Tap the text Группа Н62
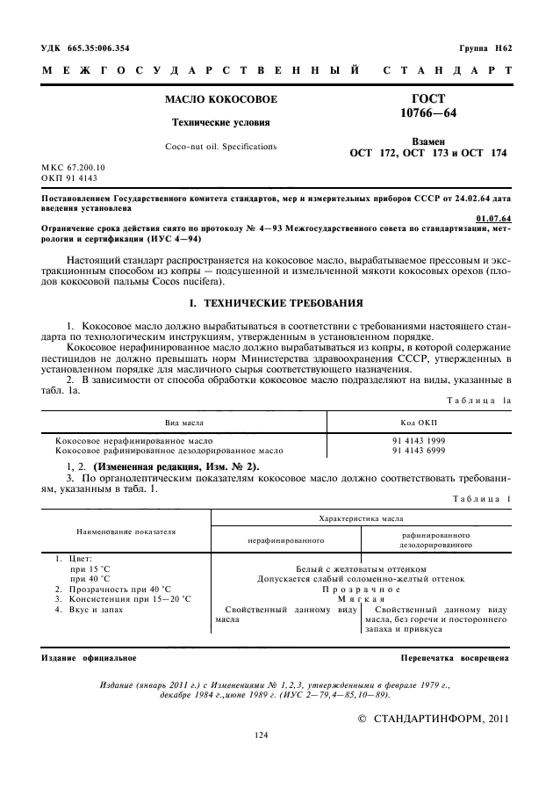pos(485,47)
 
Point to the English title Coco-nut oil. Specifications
pos(220,146)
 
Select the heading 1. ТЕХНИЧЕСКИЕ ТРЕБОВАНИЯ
pos(276,303)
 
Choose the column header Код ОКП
pos(419,423)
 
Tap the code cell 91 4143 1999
pos(419,441)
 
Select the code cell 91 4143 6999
pos(419,450)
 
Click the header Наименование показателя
pos(126,532)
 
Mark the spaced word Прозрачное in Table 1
pos(361,590)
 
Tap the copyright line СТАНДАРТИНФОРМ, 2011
pos(435,718)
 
